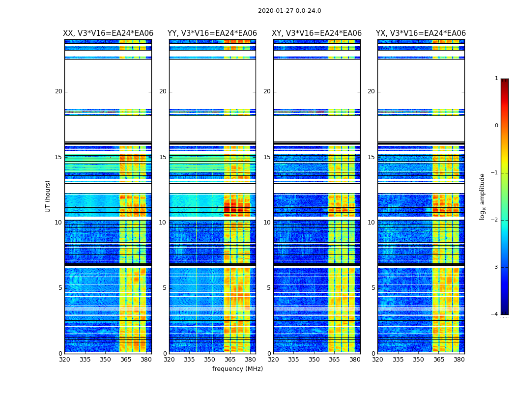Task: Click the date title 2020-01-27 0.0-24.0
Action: (289, 11)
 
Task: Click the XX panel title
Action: (108, 33)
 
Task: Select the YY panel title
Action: (212, 33)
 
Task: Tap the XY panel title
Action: (317, 33)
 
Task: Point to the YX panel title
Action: (421, 33)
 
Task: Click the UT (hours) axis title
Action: (48, 196)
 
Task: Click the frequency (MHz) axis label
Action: (237, 369)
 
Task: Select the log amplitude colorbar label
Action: (483, 196)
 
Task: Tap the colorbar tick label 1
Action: (496, 79)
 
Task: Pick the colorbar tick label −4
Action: (495, 314)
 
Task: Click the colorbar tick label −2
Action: (495, 220)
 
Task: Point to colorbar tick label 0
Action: (496, 126)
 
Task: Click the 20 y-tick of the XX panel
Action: (58, 91)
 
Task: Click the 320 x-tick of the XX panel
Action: (64, 360)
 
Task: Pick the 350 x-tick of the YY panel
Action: (210, 360)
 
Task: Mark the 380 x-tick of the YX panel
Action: (459, 360)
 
